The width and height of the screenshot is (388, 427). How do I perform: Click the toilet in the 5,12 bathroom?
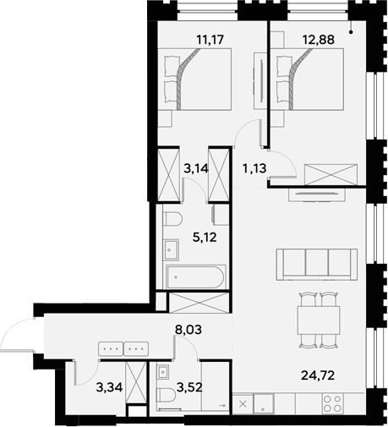click(174, 221)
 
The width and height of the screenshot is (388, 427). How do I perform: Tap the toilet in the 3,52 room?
click(162, 394)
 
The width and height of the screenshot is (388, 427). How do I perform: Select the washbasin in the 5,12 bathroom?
click(171, 250)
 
